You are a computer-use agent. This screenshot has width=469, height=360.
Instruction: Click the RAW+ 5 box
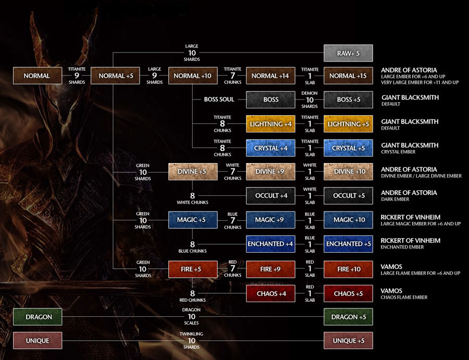pos(348,53)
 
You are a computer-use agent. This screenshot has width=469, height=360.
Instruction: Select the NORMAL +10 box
pos(193,76)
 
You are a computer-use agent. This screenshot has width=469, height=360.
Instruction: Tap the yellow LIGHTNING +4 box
pos(270,124)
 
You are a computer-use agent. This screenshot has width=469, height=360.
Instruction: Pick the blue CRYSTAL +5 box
pos(348,148)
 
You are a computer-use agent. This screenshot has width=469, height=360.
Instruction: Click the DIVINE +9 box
pos(270,171)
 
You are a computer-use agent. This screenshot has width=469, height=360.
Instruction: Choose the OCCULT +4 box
pos(270,195)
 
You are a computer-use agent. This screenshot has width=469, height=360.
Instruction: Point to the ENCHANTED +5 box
pos(348,244)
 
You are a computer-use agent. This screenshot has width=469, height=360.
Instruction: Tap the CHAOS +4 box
pos(270,293)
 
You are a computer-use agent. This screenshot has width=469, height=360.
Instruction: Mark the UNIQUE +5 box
pos(348,341)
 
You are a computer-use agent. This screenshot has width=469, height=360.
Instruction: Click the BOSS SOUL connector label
pos(219,100)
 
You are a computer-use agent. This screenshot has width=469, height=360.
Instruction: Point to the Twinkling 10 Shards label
pos(192,340)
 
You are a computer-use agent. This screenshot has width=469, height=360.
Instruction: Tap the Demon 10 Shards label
pos(310,99)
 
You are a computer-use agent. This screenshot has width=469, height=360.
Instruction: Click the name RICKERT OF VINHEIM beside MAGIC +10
pos(411,217)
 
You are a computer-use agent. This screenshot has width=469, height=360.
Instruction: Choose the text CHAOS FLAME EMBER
pos(404,297)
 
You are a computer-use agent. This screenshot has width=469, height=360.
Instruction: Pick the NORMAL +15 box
pos(348,76)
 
